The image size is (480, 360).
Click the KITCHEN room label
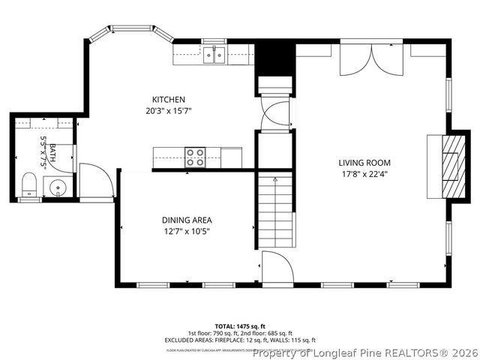click(168, 100)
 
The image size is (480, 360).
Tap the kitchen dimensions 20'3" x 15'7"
click(168, 110)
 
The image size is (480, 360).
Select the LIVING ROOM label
click(364, 163)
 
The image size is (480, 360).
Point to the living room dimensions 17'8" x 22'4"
click(364, 173)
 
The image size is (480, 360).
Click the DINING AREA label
click(187, 220)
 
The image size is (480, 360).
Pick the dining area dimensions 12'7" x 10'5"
click(187, 231)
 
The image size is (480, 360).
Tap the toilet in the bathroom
click(29, 184)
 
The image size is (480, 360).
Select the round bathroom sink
click(58, 187)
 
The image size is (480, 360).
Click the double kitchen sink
click(214, 54)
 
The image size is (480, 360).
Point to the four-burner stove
click(196, 157)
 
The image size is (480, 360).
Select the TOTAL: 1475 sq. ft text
click(239, 326)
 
